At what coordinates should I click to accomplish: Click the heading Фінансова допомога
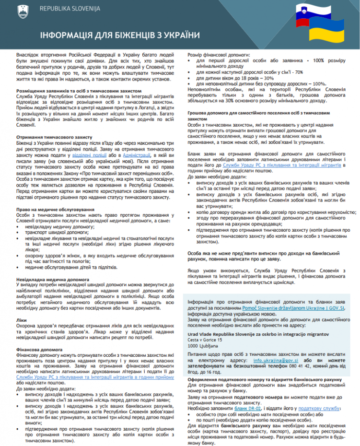41,345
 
